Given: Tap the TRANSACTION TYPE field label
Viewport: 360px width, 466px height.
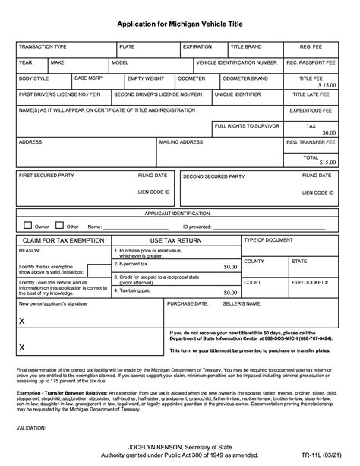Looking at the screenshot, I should click(43, 46).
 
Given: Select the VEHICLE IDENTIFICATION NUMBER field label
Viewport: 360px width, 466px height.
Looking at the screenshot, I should click(236, 62).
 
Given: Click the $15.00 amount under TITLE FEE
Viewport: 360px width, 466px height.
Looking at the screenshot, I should click(327, 86).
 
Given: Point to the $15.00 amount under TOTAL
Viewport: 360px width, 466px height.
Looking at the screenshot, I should click(327, 162).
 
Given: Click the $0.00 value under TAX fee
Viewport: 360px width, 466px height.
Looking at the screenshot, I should click(328, 132).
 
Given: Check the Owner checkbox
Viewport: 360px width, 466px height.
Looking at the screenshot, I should click(28, 225).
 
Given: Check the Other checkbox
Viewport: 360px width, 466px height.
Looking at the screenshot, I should click(60, 225).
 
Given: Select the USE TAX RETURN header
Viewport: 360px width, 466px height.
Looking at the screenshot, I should click(175, 240).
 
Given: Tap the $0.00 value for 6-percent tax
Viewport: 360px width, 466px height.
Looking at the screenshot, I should click(230, 267).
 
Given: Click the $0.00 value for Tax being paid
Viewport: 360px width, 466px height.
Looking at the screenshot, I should click(230, 292).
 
